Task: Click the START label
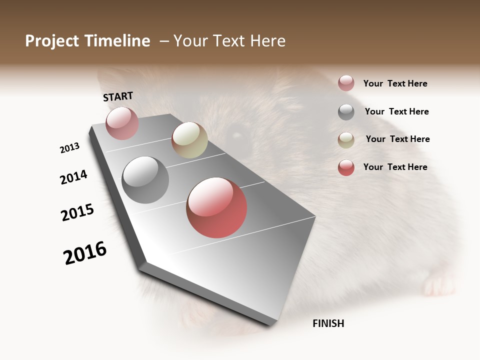tap(118, 96)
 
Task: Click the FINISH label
tap(328, 323)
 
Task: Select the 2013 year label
tap(69, 148)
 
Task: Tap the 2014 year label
tap(73, 177)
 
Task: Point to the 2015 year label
tap(77, 212)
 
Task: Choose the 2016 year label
tap(85, 253)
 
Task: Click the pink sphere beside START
tap(122, 123)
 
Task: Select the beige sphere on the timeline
tap(189, 140)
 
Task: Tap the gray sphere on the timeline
tap(145, 179)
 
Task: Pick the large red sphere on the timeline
tap(216, 207)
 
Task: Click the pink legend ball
tap(346, 83)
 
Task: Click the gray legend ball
tap(346, 112)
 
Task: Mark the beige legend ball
tap(346, 140)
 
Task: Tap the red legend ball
tap(346, 167)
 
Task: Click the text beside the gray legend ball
tap(396, 111)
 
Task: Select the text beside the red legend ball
tap(395, 167)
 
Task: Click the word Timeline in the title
tap(117, 41)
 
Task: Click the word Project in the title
tap(52, 41)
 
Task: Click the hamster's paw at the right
tap(439, 285)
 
